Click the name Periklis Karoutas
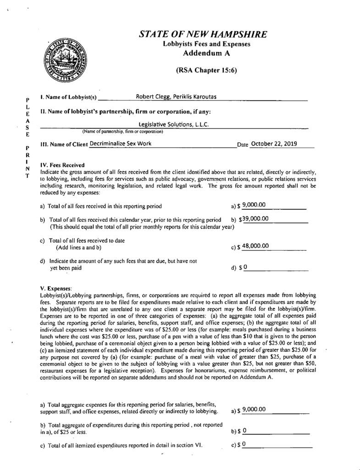click(x=194, y=96)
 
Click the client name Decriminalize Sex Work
click(x=121, y=144)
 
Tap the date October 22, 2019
click(x=274, y=144)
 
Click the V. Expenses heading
click(x=54, y=287)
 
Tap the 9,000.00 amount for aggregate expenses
click(x=254, y=409)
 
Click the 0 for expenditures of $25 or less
click(x=245, y=431)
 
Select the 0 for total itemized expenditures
click(x=245, y=444)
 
